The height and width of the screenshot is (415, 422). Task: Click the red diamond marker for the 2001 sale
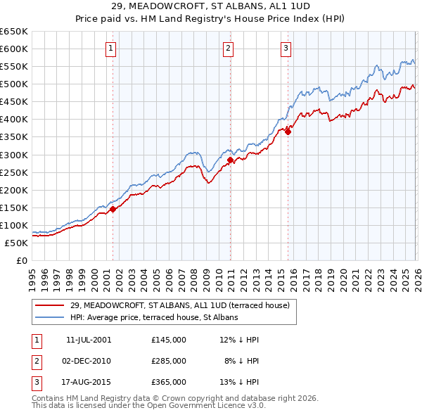(113, 209)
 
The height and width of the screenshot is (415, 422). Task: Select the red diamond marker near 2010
(230, 160)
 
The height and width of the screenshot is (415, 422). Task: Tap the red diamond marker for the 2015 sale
(288, 132)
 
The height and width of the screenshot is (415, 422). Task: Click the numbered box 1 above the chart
(112, 48)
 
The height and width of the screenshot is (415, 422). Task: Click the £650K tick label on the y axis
(14, 32)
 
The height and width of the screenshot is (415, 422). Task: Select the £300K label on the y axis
(14, 155)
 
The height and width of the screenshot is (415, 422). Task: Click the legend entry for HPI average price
(154, 317)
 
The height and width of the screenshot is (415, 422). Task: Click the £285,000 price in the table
(169, 361)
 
